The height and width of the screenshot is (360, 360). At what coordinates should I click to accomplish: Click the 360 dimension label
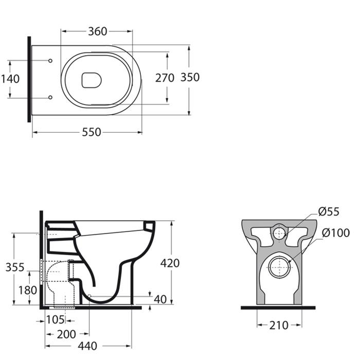(x=98, y=31)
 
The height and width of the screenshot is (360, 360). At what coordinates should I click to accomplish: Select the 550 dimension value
(x=92, y=132)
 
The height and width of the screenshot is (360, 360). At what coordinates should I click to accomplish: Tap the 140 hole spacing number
(x=11, y=79)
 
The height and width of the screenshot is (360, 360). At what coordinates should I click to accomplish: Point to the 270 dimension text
(x=165, y=78)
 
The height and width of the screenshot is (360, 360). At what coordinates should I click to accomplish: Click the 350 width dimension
(x=190, y=77)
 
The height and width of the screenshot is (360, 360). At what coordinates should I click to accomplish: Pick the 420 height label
(x=170, y=263)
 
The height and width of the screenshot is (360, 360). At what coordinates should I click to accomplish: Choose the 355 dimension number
(x=15, y=267)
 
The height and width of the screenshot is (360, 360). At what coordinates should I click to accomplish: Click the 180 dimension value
(x=28, y=291)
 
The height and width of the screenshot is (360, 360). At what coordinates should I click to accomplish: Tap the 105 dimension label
(x=56, y=320)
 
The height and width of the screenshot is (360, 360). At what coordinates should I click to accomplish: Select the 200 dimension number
(x=66, y=334)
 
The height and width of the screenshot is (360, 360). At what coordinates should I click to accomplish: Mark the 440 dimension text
(x=87, y=346)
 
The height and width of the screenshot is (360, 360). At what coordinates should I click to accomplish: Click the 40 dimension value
(x=160, y=299)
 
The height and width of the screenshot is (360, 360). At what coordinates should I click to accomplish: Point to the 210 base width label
(x=279, y=326)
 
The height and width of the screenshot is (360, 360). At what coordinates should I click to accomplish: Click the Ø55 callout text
(x=329, y=212)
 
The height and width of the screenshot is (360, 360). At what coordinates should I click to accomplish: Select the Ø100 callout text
(x=336, y=233)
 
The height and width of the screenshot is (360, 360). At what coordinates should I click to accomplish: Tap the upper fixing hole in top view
(x=50, y=61)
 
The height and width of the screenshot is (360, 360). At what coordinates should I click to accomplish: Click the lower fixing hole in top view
(x=50, y=97)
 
